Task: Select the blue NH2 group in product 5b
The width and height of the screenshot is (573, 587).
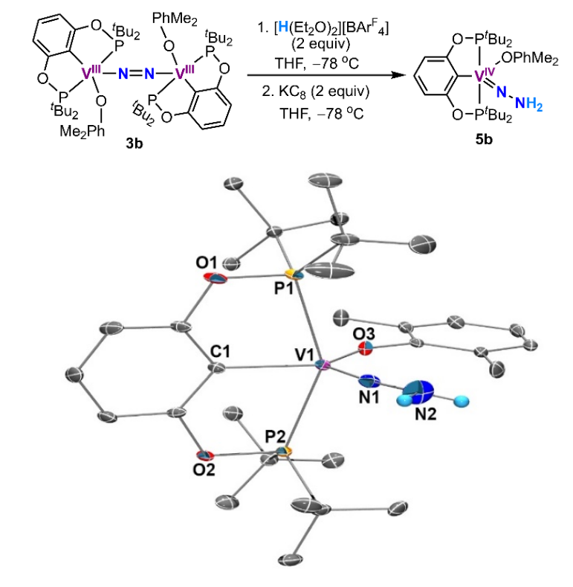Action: click(x=535, y=106)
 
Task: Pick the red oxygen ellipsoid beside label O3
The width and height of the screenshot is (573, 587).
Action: click(x=364, y=346)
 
